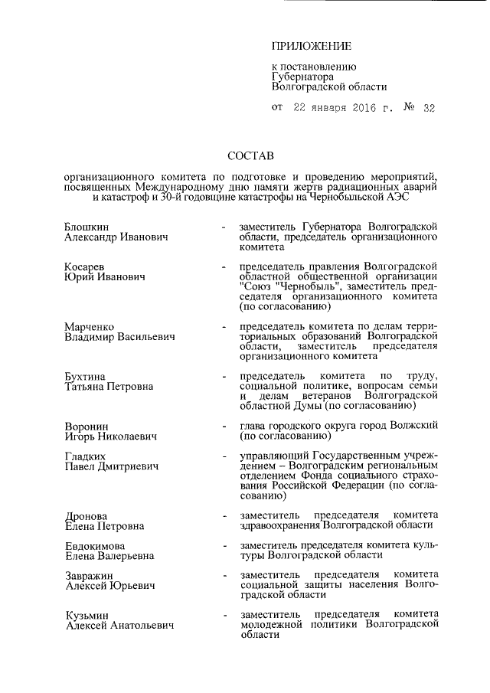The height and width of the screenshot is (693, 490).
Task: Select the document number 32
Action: (x=428, y=109)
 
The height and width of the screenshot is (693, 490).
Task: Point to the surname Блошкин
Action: (x=87, y=227)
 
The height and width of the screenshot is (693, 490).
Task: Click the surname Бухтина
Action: (x=86, y=375)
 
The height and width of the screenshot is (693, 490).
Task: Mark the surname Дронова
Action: (x=86, y=515)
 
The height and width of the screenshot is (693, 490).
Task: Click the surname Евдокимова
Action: (x=96, y=545)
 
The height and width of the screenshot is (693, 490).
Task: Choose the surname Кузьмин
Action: (x=86, y=615)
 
